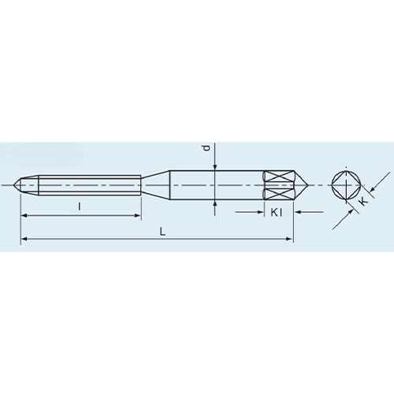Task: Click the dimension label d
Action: (207, 148)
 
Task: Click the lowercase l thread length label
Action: (80, 207)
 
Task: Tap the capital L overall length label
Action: (163, 232)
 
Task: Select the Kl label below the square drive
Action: (277, 213)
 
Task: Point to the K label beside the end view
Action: (364, 202)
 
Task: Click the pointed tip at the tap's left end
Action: (13, 185)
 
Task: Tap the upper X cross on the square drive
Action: (279, 177)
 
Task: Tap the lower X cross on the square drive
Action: (279, 194)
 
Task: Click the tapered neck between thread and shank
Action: (155, 185)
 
